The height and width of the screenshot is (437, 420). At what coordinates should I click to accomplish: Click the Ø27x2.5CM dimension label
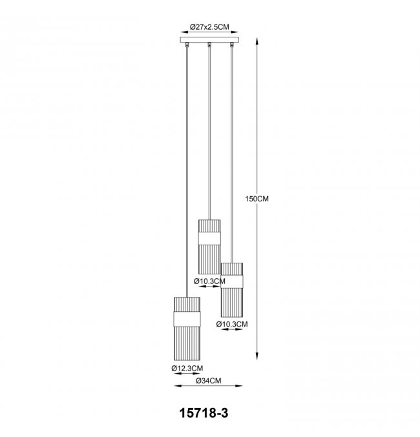point(209,26)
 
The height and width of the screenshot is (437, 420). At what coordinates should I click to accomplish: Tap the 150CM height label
point(257,199)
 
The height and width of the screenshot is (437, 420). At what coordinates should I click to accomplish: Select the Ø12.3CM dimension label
point(187,368)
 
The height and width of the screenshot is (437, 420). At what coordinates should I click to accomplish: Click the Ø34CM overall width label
point(209,380)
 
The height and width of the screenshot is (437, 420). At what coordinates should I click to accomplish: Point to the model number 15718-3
point(204,412)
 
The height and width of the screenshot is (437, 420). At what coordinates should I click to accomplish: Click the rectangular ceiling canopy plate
point(209,39)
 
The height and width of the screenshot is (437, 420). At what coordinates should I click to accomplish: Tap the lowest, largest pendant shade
point(187,329)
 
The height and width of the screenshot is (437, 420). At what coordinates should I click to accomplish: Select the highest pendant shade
point(209,247)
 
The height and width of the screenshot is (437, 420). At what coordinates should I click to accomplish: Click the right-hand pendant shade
point(231,290)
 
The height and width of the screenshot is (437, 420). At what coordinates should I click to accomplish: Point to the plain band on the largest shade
point(187,319)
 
